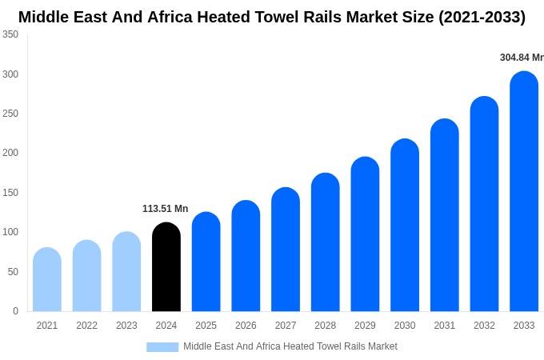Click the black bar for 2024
click(x=166, y=267)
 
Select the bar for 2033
click(x=524, y=192)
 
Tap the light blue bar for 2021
click(x=47, y=280)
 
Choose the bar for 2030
click(x=405, y=226)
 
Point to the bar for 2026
click(x=246, y=256)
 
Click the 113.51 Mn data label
click(x=165, y=209)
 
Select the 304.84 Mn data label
click(x=521, y=58)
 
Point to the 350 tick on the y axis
click(x=10, y=34)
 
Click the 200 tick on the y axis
click(x=10, y=153)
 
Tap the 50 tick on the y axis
click(x=13, y=272)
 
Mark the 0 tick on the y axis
click(x=15, y=311)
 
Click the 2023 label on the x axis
click(x=126, y=326)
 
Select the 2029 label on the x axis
click(x=365, y=326)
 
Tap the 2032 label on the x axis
click(x=484, y=326)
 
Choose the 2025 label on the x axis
click(x=206, y=326)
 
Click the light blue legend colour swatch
click(x=162, y=346)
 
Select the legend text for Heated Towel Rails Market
click(x=290, y=346)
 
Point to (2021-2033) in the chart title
click(x=482, y=17)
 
